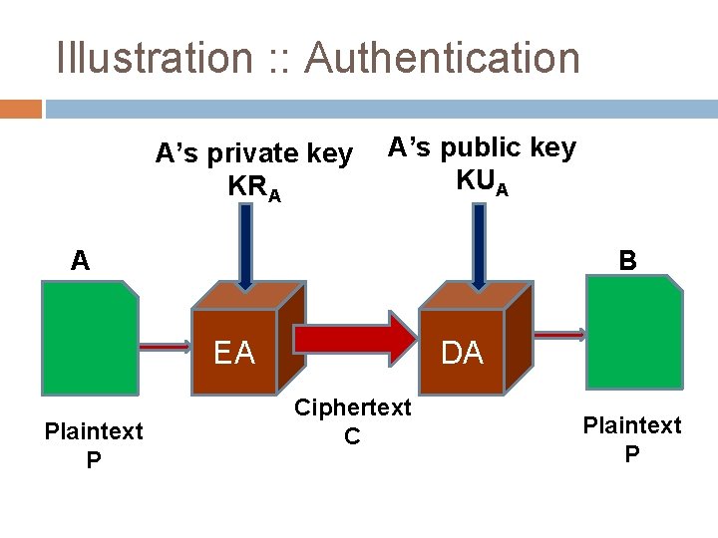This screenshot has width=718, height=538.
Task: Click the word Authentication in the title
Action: click(x=442, y=57)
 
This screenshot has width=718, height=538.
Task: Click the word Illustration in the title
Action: click(x=155, y=57)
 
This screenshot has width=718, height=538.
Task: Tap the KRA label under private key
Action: click(x=253, y=187)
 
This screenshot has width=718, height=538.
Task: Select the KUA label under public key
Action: click(x=482, y=181)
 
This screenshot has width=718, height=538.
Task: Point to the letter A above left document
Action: click(x=80, y=261)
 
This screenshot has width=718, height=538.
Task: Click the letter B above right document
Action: click(x=627, y=261)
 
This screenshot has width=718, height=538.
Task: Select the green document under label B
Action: click(x=634, y=332)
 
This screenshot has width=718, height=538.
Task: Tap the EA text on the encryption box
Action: click(x=233, y=353)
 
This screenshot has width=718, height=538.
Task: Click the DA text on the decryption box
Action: click(x=461, y=353)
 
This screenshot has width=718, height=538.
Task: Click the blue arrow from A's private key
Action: click(x=246, y=247)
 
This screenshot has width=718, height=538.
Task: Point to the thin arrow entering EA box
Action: click(x=165, y=347)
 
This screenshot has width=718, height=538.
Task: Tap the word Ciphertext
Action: click(x=352, y=408)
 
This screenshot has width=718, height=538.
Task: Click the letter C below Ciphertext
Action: click(x=352, y=435)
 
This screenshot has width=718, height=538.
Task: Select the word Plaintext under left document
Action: click(x=93, y=431)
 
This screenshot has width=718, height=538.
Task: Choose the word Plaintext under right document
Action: click(x=631, y=425)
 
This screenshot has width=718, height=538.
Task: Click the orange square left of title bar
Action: click(x=21, y=108)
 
